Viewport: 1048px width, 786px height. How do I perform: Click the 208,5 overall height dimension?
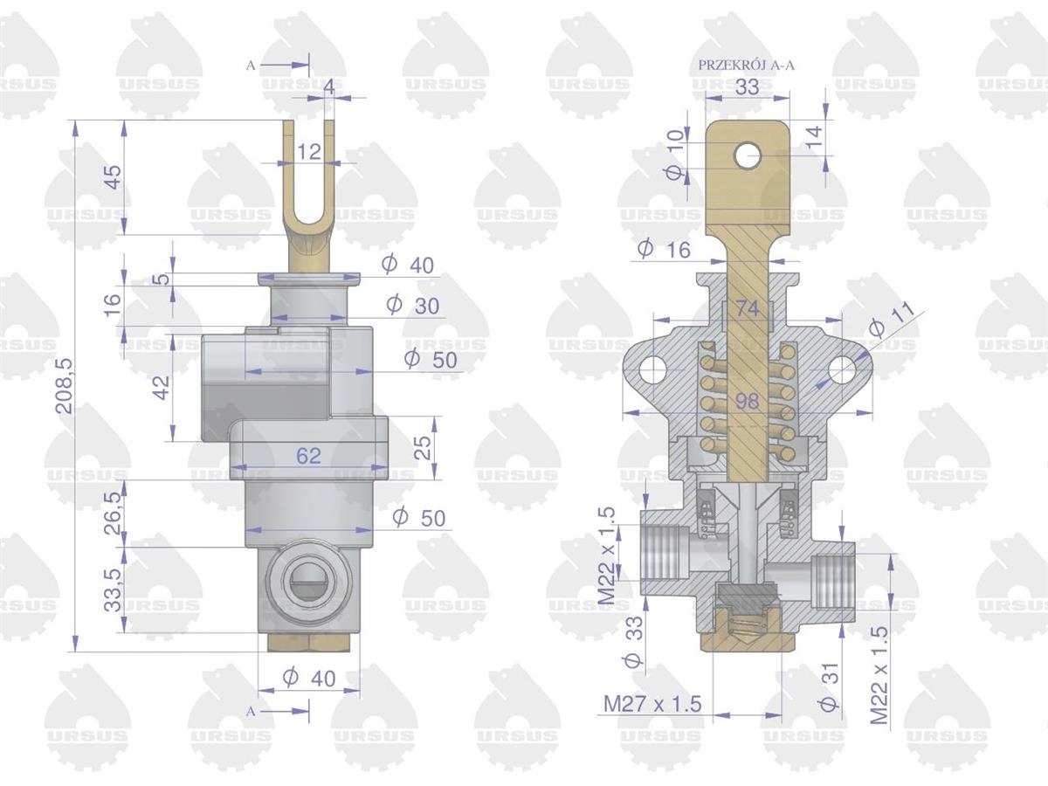64,386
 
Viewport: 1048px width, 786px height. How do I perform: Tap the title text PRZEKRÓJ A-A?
746,65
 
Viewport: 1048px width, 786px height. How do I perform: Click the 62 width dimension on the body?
308,456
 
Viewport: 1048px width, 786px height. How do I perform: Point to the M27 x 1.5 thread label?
652,703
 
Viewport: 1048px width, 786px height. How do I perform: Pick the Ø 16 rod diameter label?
665,249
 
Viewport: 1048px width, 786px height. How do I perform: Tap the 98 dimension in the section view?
748,401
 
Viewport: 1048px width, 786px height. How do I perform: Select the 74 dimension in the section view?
748,308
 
